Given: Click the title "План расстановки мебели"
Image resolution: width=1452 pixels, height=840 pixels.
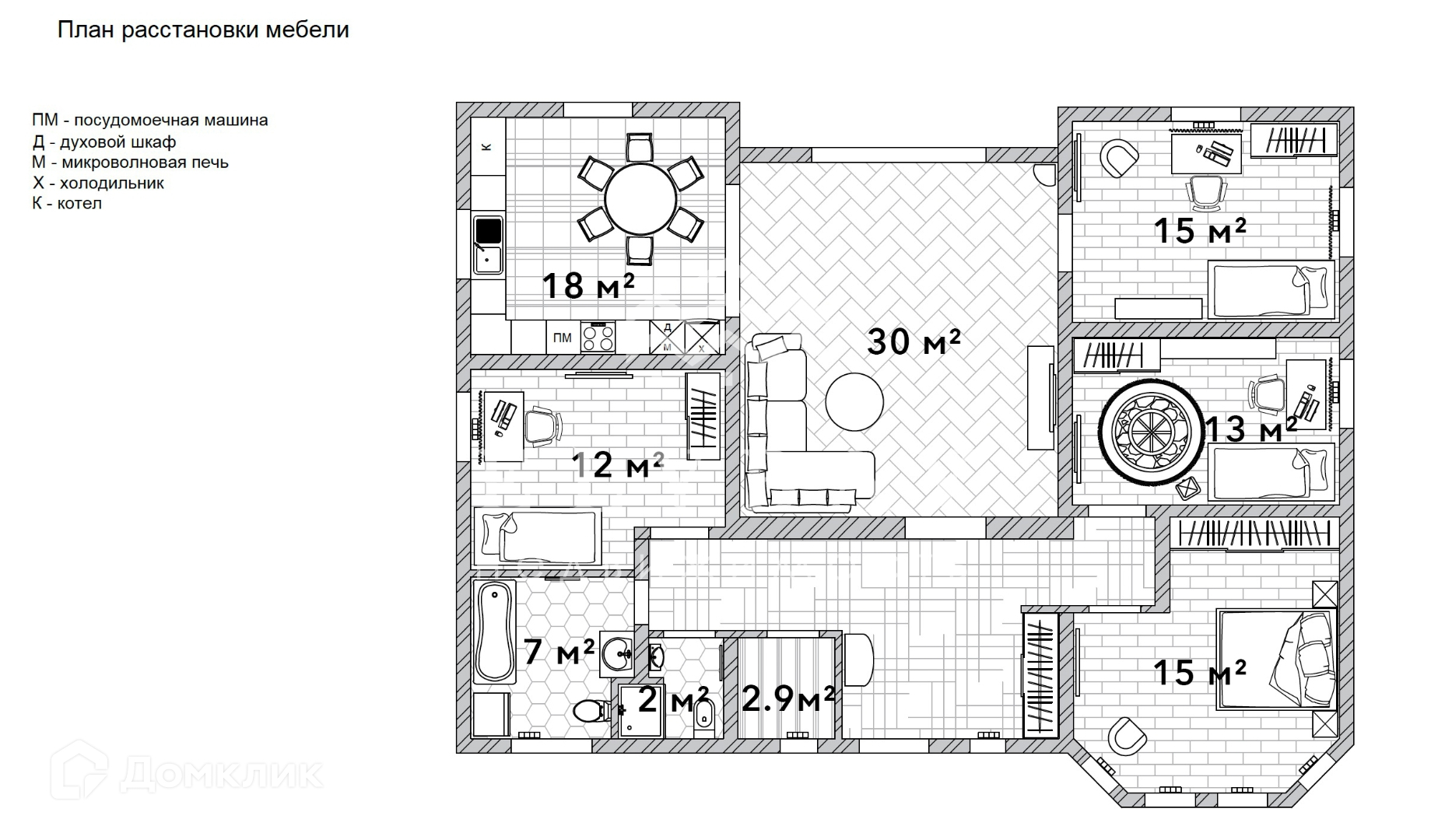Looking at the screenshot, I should [x=203, y=30].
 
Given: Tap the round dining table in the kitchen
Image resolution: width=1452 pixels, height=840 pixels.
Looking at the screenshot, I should [x=640, y=198].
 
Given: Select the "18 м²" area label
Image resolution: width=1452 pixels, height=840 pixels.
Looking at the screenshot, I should [x=587, y=285].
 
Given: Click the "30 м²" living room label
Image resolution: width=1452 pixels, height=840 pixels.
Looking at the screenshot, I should [x=914, y=341].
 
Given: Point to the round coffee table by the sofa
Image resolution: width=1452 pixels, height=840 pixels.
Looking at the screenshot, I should [x=854, y=402].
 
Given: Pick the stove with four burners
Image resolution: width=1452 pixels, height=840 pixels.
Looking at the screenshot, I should [x=598, y=338].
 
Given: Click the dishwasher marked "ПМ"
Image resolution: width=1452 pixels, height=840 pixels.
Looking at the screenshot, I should [x=562, y=338].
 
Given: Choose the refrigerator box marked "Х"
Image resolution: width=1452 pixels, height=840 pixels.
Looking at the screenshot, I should [x=701, y=338].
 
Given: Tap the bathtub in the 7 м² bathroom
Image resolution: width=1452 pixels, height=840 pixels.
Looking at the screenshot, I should [x=494, y=633].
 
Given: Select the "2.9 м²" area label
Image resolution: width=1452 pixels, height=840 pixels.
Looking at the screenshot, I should [x=787, y=698].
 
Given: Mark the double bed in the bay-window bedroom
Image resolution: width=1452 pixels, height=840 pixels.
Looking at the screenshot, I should [x=1276, y=659].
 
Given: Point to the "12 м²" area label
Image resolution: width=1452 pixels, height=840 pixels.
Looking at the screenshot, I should [x=617, y=465].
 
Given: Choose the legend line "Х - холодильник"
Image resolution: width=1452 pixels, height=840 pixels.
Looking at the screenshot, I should [x=98, y=184].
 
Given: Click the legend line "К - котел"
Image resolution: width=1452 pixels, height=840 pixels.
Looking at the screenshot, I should [x=67, y=204].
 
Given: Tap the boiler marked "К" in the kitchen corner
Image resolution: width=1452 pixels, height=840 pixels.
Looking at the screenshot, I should [x=487, y=146].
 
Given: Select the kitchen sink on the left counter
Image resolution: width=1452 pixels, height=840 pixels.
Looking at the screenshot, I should [x=488, y=245].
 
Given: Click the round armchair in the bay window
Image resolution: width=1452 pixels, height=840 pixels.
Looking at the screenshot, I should [x=1124, y=736].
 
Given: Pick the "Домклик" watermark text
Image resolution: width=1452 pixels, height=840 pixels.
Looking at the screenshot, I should [x=222, y=773].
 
